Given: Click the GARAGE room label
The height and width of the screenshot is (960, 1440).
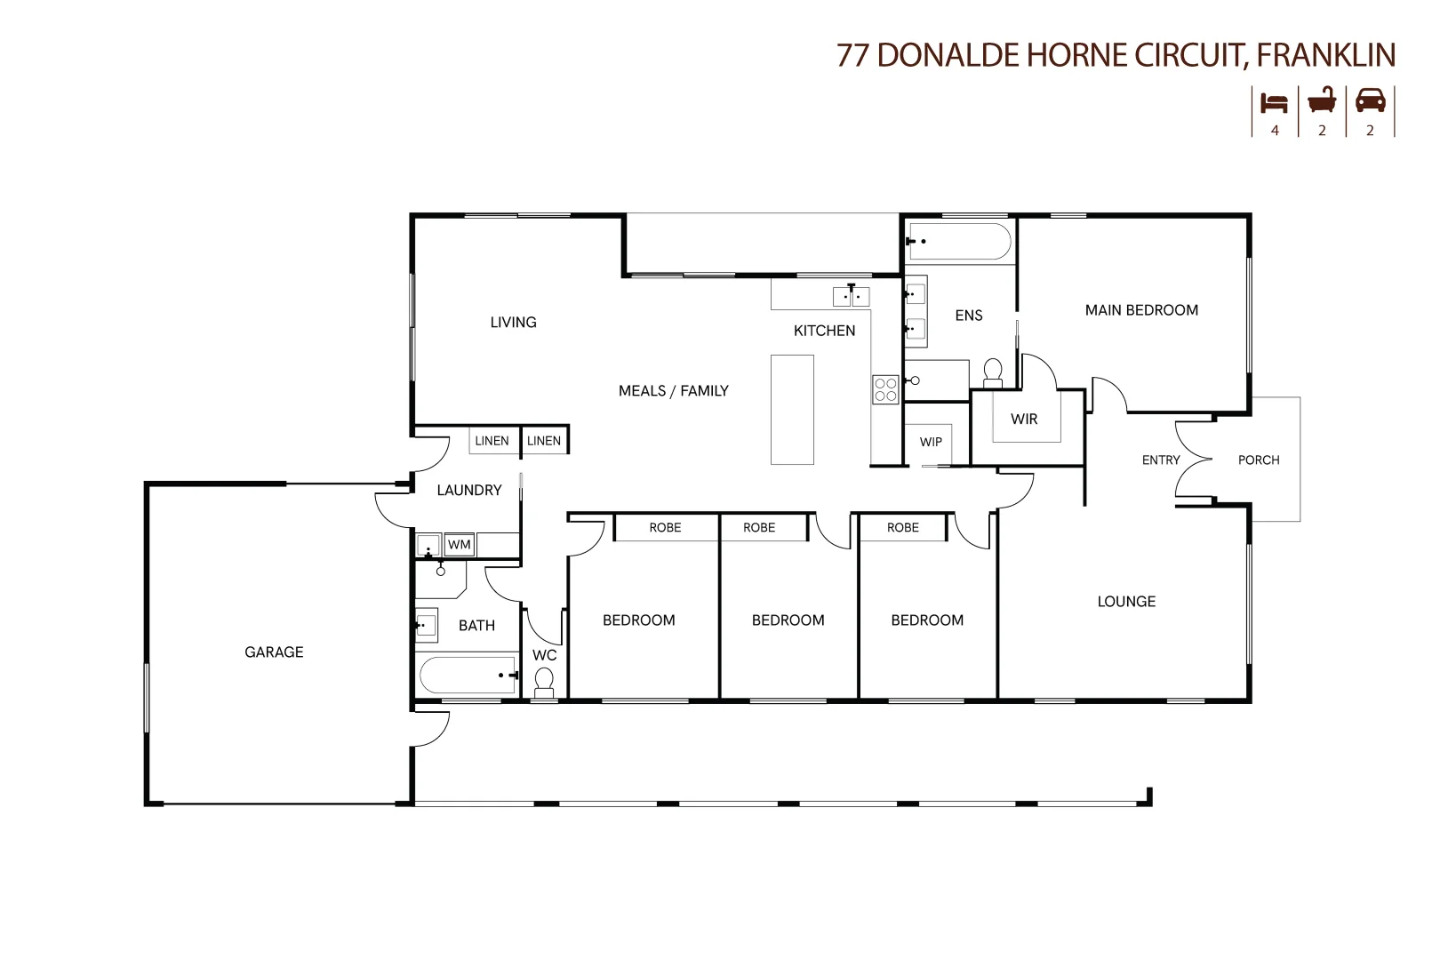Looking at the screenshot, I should click(x=274, y=652).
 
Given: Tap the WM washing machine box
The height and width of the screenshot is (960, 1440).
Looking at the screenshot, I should click(x=459, y=545).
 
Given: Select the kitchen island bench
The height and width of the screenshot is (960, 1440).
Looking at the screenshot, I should click(x=791, y=409).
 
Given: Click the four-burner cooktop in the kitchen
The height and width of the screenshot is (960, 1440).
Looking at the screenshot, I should click(x=885, y=390).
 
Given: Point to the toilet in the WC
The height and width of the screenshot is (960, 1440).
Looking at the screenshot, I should click(x=544, y=683).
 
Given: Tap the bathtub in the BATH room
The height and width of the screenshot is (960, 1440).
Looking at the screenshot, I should click(x=467, y=674).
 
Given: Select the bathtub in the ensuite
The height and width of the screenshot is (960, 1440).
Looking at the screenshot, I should click(x=958, y=241).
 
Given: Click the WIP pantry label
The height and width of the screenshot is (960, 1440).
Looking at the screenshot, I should click(x=931, y=442).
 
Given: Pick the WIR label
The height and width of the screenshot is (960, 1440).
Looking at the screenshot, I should click(x=1024, y=419).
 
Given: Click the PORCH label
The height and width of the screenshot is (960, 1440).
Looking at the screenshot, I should click(x=1259, y=460).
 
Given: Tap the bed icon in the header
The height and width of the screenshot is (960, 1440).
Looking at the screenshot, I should click(x=1275, y=102).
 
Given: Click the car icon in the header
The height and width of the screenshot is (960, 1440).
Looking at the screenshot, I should click(x=1370, y=100).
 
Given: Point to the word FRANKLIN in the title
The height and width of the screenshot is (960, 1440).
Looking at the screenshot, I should click(x=1326, y=55).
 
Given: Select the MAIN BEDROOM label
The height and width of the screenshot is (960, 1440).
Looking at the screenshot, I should click(x=1141, y=310).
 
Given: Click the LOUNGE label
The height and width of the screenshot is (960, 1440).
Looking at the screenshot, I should click(x=1126, y=602).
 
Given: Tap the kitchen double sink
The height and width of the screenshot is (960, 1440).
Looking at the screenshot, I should click(x=851, y=296).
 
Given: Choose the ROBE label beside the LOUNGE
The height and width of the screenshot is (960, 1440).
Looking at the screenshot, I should click(x=902, y=528).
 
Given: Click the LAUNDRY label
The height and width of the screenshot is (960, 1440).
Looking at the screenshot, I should click(x=469, y=491).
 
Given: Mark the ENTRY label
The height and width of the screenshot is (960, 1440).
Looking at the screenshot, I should click(x=1161, y=460).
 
